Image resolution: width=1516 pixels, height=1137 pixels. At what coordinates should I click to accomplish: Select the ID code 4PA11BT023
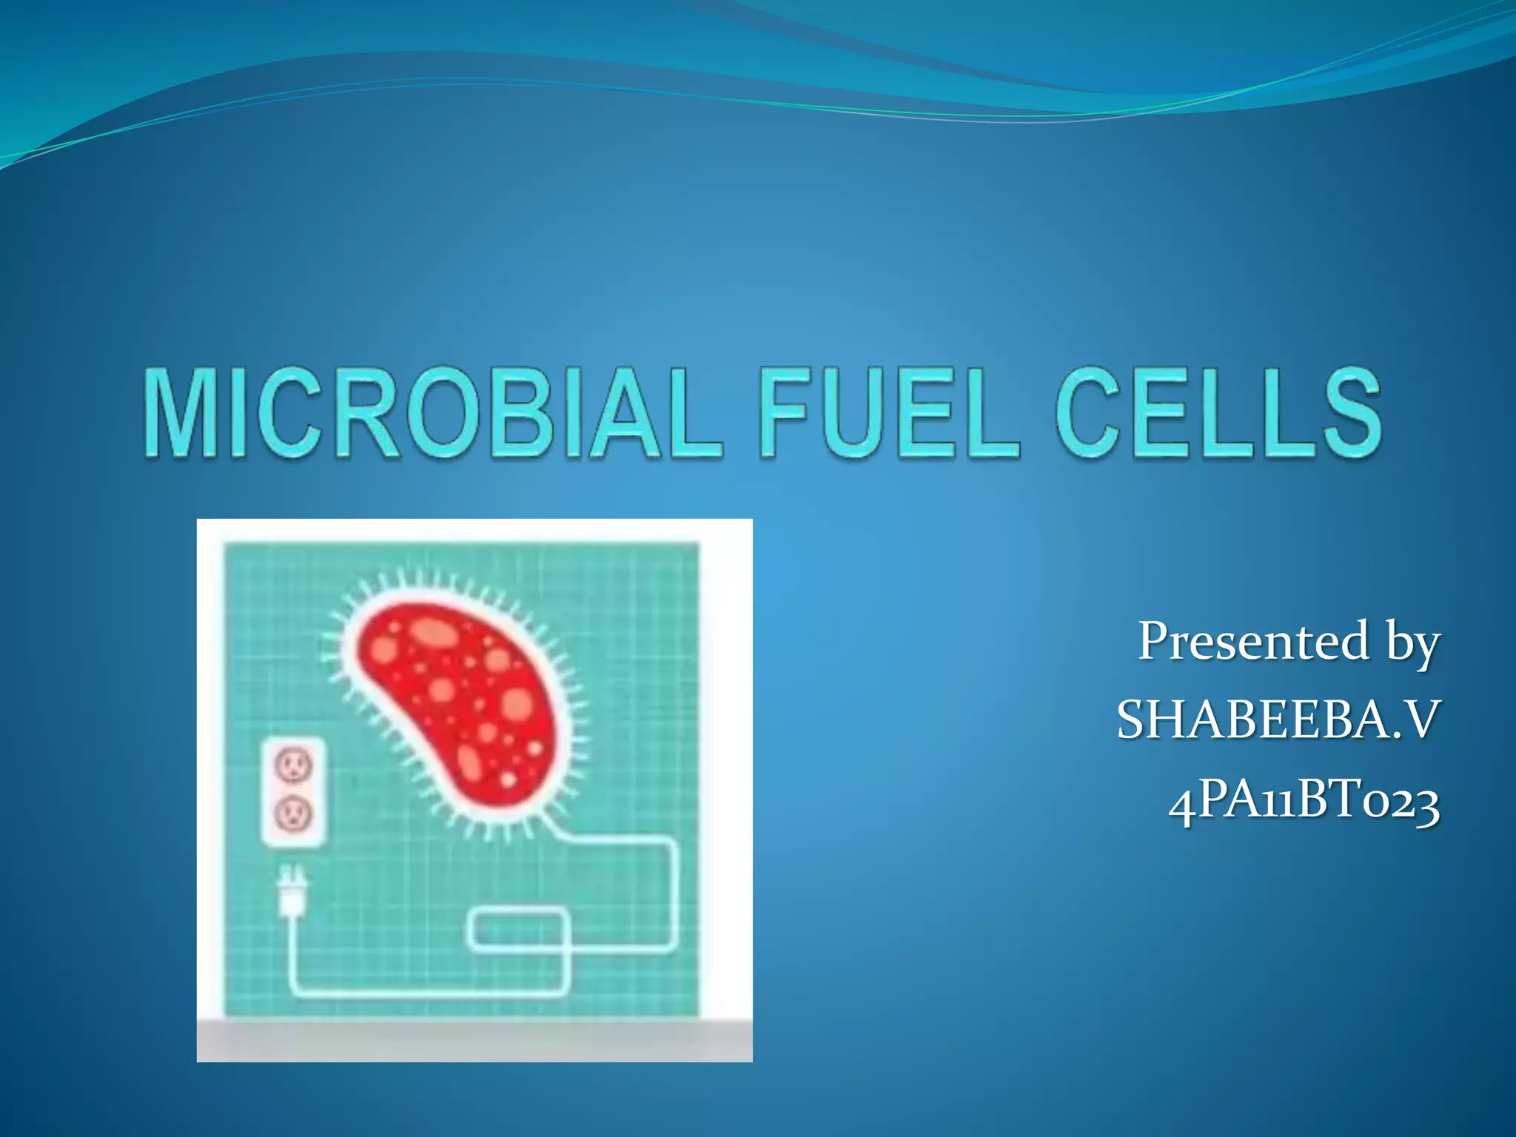click(1304, 802)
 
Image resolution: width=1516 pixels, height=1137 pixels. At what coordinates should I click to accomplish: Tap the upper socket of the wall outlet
click(293, 765)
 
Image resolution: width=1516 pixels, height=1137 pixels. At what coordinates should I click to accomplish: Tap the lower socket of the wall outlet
click(293, 814)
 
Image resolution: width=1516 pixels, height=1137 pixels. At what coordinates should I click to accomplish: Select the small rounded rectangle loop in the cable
click(518, 930)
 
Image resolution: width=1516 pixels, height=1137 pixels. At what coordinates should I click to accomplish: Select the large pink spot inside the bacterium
click(517, 702)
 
